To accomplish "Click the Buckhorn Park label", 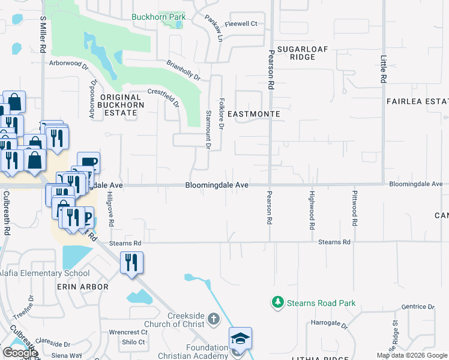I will point(158,17).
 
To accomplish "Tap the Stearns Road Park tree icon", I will point(277,303).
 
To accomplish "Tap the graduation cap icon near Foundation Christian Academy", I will point(240,339).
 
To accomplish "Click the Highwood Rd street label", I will point(312,211).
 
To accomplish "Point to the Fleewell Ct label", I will point(241,24).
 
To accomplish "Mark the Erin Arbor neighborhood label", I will point(82,287).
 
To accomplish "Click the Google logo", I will point(19,353).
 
